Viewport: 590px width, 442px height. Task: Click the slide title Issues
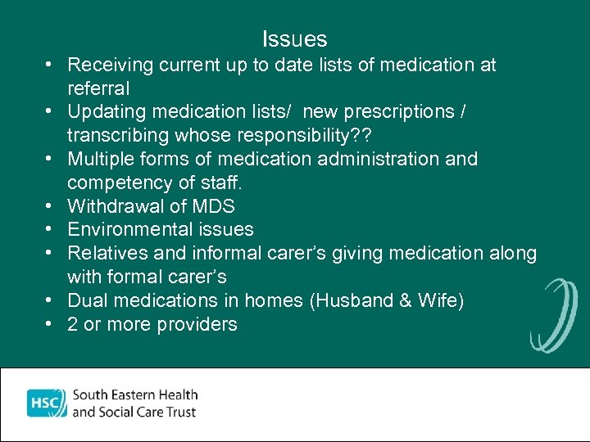pos(294,39)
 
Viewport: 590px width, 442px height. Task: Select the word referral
pos(98,88)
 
